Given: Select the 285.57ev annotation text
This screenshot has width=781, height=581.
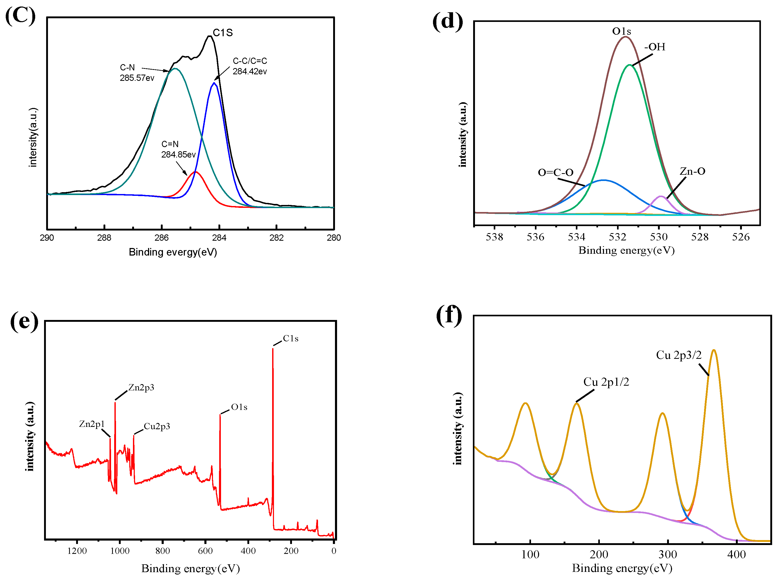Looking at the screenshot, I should coord(137,78).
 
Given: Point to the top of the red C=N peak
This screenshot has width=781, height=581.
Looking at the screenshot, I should coord(196,172).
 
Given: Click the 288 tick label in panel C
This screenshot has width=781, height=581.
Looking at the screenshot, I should coord(104,238).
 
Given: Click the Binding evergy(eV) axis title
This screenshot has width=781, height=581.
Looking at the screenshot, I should coord(173,252).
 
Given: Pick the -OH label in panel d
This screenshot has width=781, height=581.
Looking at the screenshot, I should coord(655,47).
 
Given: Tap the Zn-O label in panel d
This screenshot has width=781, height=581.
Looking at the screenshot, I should coord(692,171).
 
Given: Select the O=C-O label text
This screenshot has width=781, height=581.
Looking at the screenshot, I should coord(555,172).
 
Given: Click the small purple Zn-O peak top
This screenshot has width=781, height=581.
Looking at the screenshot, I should coord(661,197).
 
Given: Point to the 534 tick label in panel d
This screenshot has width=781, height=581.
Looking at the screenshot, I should coord(576,237).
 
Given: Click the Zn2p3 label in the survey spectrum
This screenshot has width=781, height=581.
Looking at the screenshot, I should coord(141,388).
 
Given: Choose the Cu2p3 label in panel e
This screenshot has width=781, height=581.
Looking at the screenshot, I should coord(157,426).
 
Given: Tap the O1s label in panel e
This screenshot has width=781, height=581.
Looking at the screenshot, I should coord(239,407).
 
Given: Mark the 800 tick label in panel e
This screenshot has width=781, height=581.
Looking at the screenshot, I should coord(162,551).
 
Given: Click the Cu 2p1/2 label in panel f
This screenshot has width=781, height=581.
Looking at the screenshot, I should coord(606,382).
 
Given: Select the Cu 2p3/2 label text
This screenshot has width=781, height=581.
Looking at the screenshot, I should coord(678,355).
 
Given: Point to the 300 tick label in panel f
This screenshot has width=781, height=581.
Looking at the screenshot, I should coord(667,555).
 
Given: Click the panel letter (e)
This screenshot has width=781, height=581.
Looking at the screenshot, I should coord(24,321).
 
